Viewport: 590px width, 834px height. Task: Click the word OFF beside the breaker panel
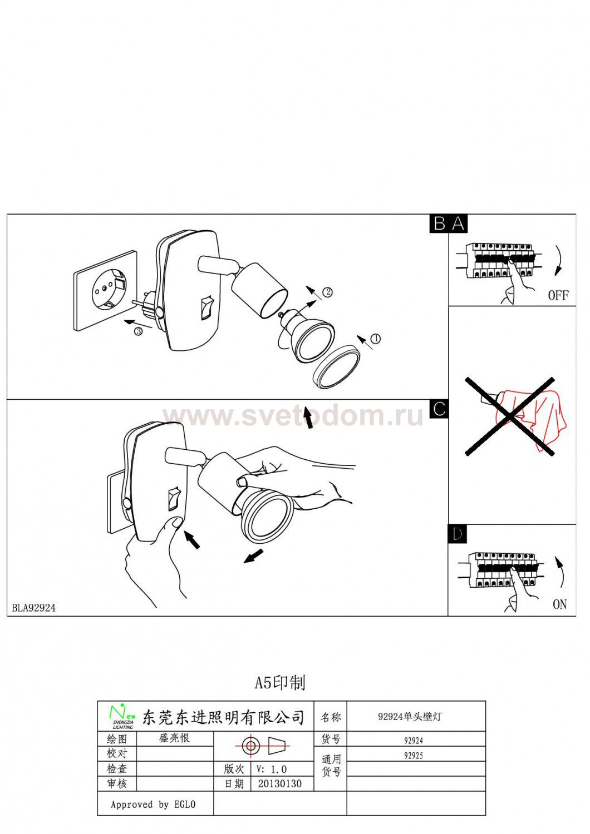[x=558, y=295]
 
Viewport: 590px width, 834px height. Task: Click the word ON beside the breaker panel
[x=559, y=604]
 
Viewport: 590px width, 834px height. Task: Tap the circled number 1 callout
[x=376, y=339]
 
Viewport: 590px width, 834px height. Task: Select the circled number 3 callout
[x=138, y=331]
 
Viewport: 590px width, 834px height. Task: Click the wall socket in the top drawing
[x=106, y=290]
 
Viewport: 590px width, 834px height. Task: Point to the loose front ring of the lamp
[x=337, y=366]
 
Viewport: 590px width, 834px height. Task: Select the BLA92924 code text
[x=34, y=608]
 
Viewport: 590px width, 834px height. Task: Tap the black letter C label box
[x=439, y=409]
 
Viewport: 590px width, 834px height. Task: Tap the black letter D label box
[x=457, y=534]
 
